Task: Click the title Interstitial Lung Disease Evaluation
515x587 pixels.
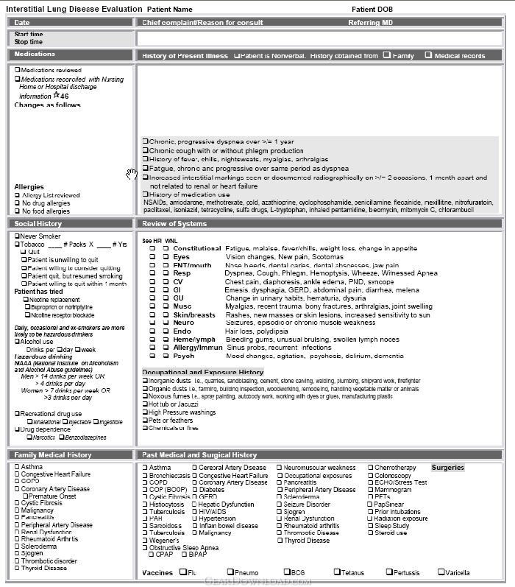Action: coord(74,9)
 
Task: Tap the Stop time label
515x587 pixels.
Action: coord(29,42)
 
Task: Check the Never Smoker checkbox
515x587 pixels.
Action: coord(18,236)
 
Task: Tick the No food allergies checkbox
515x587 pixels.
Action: coord(18,211)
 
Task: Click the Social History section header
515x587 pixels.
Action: coord(38,224)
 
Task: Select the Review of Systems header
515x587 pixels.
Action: coord(174,224)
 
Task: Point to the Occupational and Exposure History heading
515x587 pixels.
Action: coord(202,373)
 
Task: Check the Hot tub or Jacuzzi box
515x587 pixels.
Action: coord(145,404)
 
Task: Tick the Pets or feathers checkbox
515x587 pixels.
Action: coord(145,421)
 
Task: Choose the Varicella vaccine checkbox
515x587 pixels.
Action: coord(441,572)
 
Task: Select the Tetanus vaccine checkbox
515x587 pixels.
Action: coord(336,572)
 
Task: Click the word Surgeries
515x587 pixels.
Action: coord(447,468)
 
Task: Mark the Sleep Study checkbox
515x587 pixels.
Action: coord(370,526)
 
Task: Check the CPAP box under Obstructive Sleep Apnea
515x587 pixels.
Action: coord(152,554)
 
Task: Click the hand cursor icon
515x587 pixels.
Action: coord(131,173)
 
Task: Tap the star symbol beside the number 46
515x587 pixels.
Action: coord(56,95)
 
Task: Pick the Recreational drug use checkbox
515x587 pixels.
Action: coord(18,414)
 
